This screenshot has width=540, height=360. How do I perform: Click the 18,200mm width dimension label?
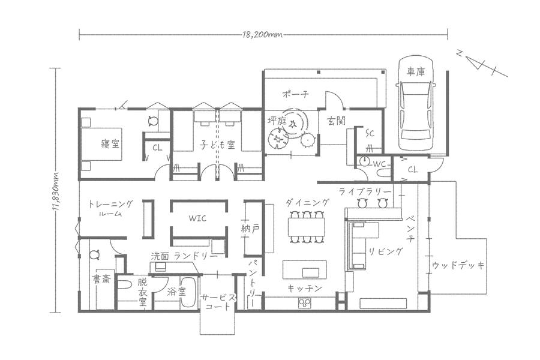262,35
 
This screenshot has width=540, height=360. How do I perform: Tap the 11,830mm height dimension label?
55,191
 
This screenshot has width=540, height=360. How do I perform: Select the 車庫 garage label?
416,71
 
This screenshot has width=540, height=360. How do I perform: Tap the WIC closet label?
197,218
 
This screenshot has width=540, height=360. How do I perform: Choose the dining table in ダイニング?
307,227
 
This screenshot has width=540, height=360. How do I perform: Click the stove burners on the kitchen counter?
305,303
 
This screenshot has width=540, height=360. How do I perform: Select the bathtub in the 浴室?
189,292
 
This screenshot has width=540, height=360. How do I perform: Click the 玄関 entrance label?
336,121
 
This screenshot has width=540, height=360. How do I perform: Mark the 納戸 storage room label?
250,229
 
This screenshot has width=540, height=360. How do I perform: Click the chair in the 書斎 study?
94,255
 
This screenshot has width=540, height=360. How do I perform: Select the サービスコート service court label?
218,302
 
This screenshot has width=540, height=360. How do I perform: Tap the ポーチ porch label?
295,94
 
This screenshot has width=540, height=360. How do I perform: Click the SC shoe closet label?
370,133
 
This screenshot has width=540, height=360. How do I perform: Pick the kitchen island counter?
304,269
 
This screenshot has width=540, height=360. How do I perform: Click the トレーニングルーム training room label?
110,208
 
